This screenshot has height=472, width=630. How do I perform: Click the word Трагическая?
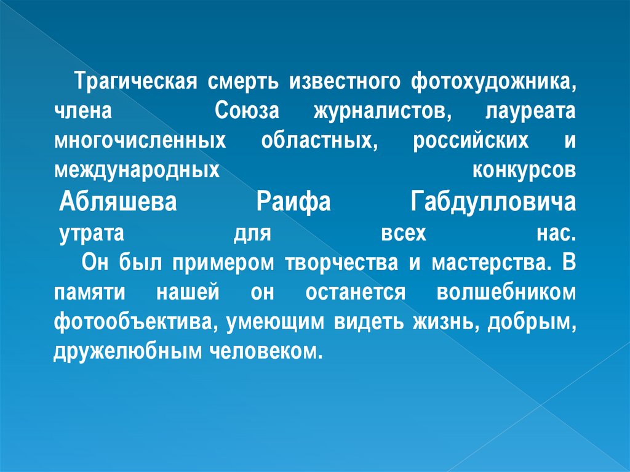135,82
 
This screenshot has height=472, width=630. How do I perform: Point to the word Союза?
247,112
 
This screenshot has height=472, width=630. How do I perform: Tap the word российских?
470,142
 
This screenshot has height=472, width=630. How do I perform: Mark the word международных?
136,170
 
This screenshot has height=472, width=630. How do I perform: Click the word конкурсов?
524,170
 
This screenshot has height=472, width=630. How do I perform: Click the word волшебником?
506,292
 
